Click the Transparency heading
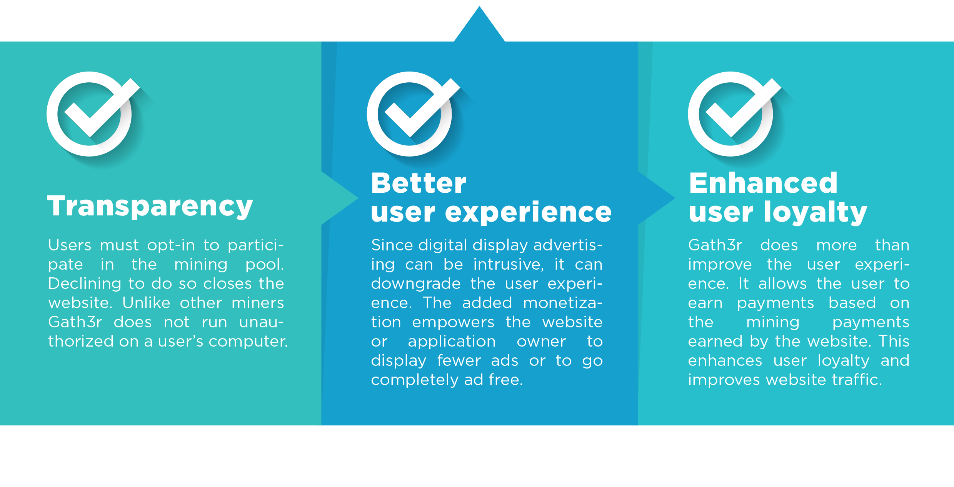(x=150, y=207)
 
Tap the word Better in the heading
(x=419, y=183)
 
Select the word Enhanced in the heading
(x=763, y=183)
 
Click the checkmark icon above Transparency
(x=93, y=114)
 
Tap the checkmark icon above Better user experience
(x=414, y=114)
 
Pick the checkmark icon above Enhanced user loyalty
(x=735, y=114)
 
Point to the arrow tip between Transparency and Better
(x=358, y=198)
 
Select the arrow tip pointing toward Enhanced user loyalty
(x=675, y=198)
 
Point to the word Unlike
(x=146, y=303)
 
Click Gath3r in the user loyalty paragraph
(x=715, y=245)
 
